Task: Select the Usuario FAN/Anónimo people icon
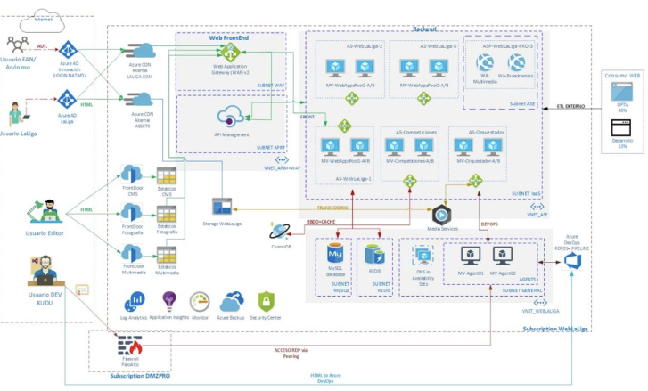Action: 18,45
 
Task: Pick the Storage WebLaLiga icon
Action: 222,206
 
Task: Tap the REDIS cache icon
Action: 374,254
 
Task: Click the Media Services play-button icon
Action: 439,215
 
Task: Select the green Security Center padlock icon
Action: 265,301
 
